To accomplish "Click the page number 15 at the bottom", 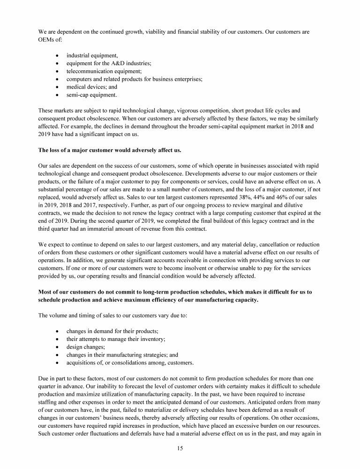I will (180, 448).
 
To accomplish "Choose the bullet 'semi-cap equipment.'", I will (91, 95).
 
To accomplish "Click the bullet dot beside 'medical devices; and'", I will (57, 87).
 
